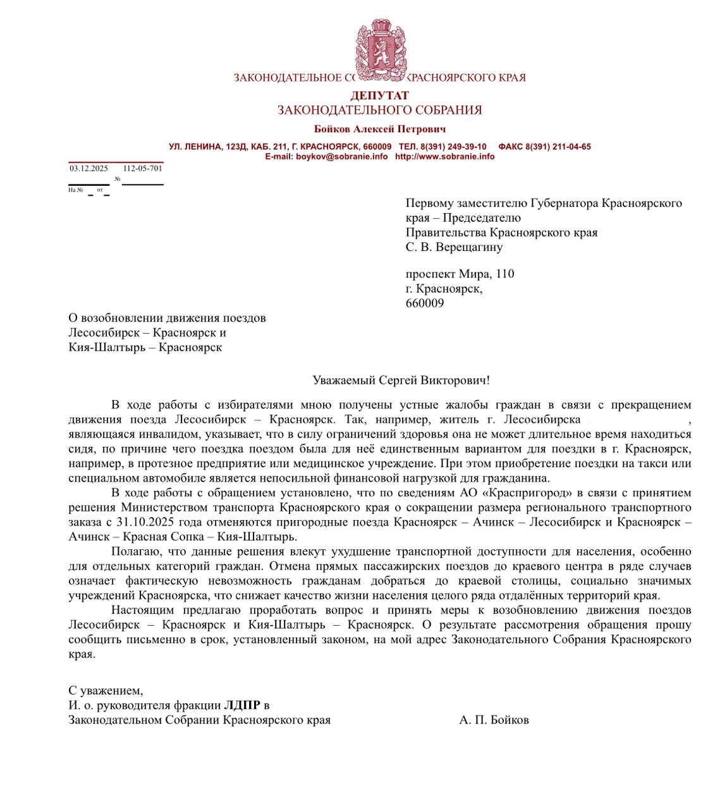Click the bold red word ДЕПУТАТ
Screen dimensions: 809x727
tap(379, 95)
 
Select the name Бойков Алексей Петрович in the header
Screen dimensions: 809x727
tap(379, 130)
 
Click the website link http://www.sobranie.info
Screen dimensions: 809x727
tap(444, 157)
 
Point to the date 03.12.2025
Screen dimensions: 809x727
tap(89, 169)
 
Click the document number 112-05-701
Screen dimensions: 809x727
tap(142, 169)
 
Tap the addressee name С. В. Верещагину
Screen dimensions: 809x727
tap(454, 247)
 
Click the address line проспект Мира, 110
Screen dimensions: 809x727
tap(460, 274)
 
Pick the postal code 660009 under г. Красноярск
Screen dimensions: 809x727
tap(425, 303)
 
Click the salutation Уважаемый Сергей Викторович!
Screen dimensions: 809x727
tap(401, 380)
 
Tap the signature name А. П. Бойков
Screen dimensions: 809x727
tap(494, 720)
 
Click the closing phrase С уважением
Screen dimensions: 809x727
tap(106, 691)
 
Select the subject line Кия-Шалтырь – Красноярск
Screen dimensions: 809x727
tap(145, 348)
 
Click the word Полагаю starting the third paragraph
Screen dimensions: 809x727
tap(133, 552)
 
